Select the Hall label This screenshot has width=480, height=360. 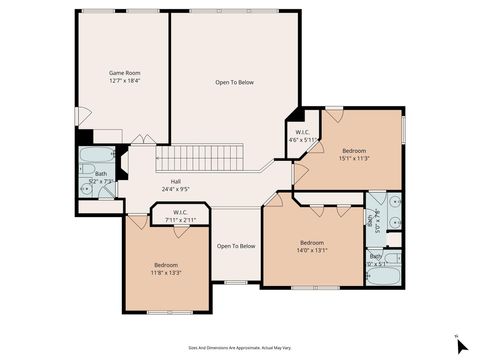(175, 181)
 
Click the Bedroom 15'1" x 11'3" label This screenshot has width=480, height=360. (354, 151)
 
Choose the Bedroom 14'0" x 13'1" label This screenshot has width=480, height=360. (312, 243)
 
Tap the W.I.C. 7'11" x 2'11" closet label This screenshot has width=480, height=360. (180, 212)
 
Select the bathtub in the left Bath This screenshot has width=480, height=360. (95, 157)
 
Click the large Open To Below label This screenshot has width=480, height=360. (235, 82)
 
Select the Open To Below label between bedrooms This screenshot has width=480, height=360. (236, 246)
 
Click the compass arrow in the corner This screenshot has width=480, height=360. (461, 346)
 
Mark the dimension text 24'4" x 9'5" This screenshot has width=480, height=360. (175, 189)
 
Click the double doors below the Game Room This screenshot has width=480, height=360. (140, 137)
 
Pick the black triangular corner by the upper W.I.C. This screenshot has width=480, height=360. (292, 115)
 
